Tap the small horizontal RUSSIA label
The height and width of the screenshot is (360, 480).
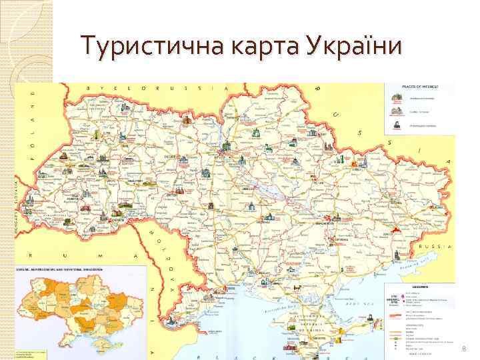(435, 246)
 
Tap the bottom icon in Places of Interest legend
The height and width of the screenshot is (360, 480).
(397, 125)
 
